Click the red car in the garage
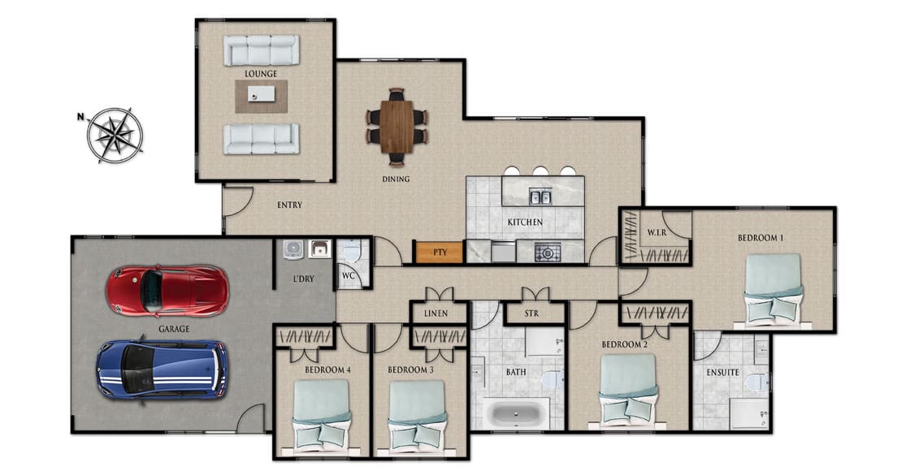click(167, 291)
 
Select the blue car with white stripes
click(161, 369)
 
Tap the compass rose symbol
click(115, 135)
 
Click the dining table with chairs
click(397, 126)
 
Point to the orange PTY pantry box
click(440, 253)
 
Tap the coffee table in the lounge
click(261, 96)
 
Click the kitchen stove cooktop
click(547, 253)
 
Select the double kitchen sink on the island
click(540, 197)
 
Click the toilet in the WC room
click(351, 254)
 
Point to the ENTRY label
click(289, 205)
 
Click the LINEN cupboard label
click(439, 313)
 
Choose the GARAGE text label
click(174, 329)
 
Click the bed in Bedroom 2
click(627, 389)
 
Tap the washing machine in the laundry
click(293, 249)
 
